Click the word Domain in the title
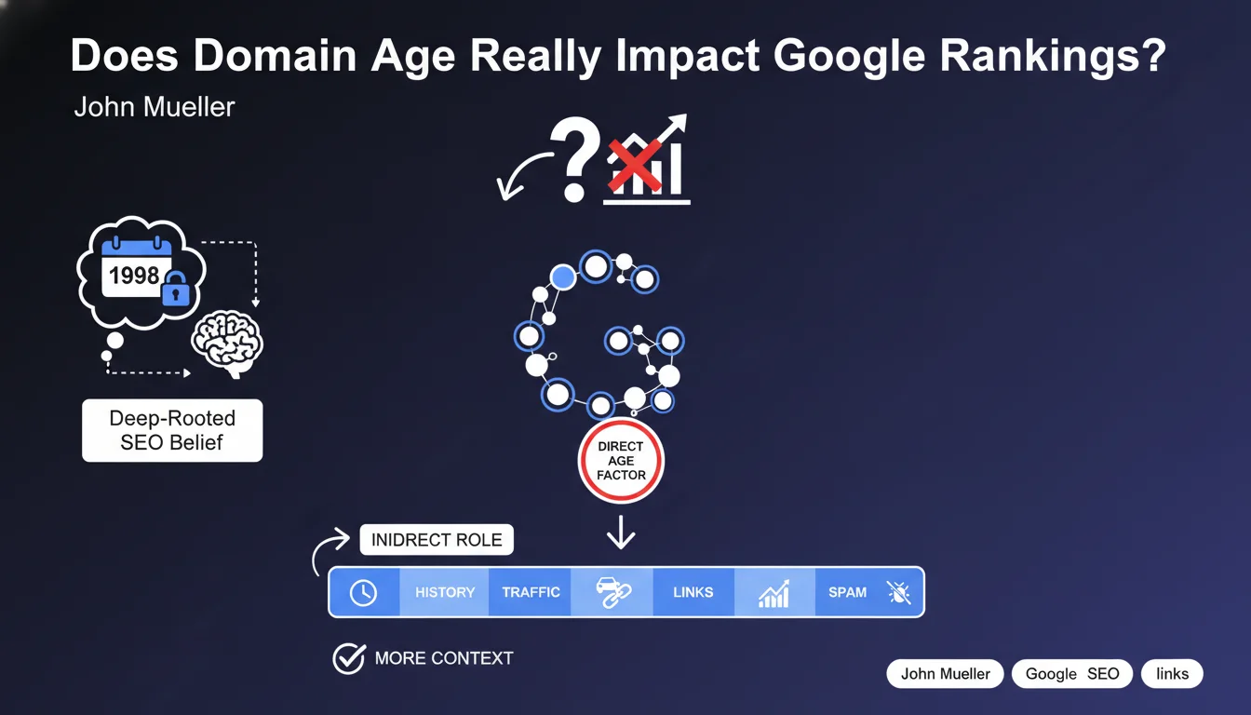[275, 55]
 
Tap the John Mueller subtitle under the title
[155, 107]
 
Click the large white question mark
[575, 159]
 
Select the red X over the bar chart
[635, 166]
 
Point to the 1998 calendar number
[134, 276]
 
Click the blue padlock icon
[175, 289]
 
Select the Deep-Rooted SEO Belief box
[172, 430]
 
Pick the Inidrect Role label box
[437, 540]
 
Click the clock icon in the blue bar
[363, 592]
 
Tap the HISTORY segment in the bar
[445, 592]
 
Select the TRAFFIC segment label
[531, 592]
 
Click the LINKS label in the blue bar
[693, 592]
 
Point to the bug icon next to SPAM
[899, 592]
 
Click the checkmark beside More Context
[349, 658]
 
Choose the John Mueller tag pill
[945, 674]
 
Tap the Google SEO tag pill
[1072, 674]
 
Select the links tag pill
[1172, 674]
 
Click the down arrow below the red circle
[621, 533]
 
